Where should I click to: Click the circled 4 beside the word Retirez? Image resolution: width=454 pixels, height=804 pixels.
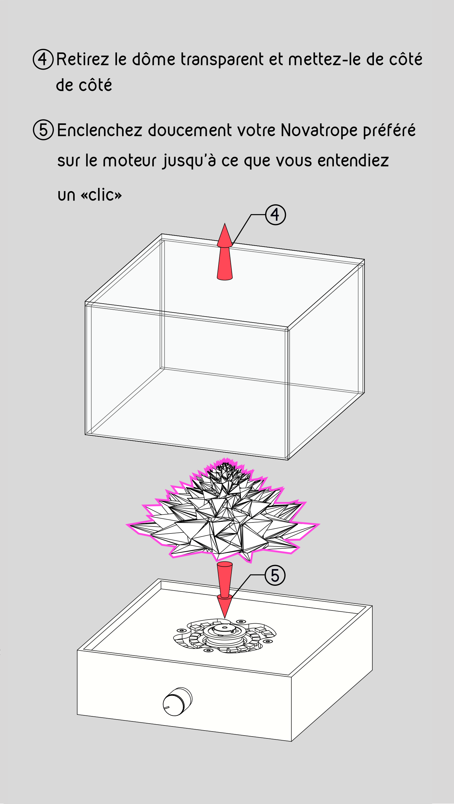pos(43,59)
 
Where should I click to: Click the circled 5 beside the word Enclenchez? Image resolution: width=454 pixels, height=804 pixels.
pos(43,130)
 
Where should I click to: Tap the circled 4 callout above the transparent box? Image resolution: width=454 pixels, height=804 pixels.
pos(276,215)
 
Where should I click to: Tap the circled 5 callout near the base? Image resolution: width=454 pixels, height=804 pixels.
pos(275,575)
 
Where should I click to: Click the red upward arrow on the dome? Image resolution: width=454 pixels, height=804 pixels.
pos(225,252)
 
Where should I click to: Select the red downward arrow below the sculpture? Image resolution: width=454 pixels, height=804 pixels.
pos(225,590)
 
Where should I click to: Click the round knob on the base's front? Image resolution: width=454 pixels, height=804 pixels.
pos(177,702)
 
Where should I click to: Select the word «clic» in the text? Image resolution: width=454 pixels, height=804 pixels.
pos(101,195)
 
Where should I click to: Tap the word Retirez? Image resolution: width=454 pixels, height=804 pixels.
pos(83,59)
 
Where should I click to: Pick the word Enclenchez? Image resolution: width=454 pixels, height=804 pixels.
pos(100,130)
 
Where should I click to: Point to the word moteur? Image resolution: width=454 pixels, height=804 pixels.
pos(130,160)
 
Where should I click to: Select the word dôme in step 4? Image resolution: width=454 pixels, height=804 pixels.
pos(154,59)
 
